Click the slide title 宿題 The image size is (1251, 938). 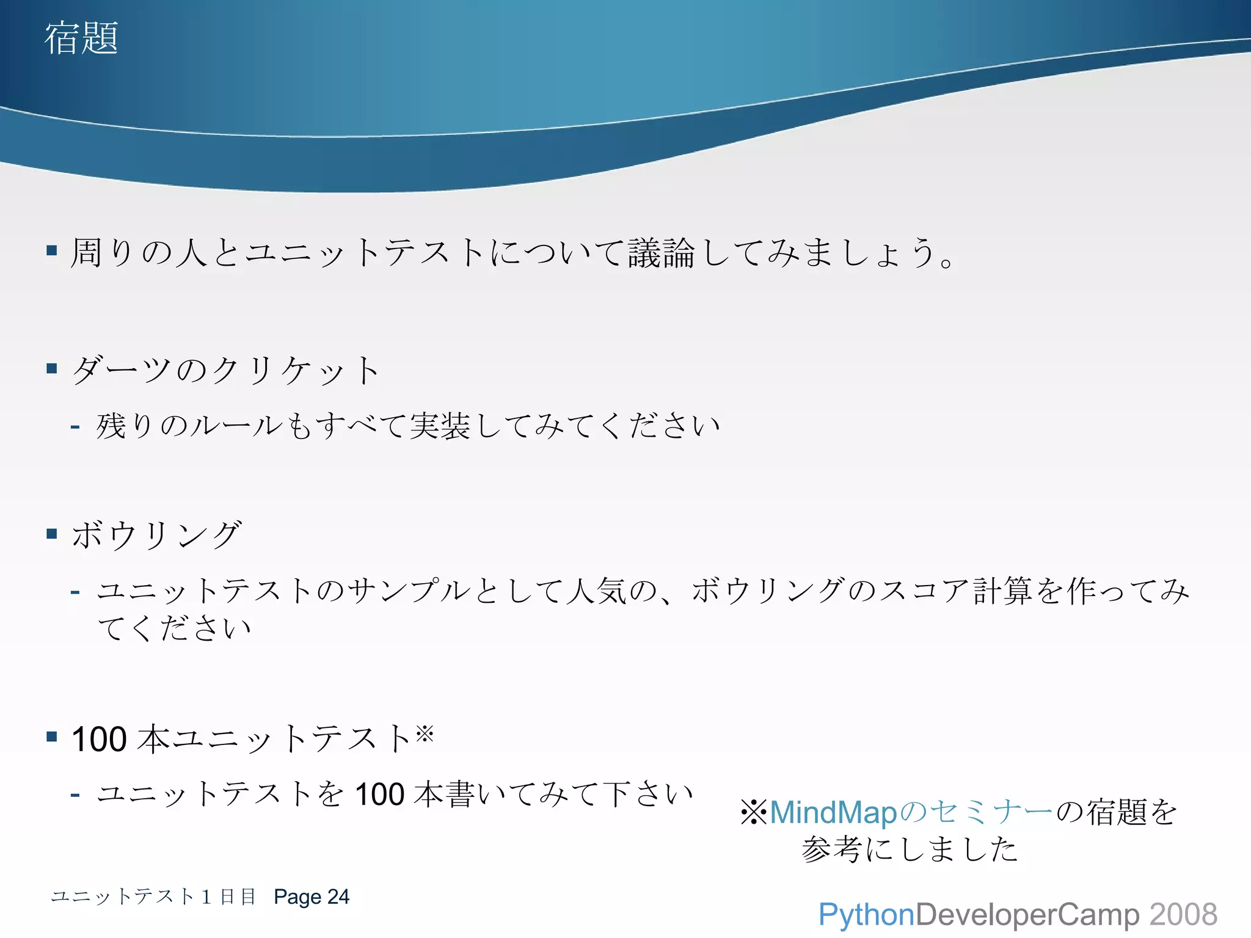click(81, 38)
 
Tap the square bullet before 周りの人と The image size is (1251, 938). click(52, 250)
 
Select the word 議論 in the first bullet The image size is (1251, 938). click(662, 253)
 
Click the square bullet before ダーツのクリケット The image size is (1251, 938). click(52, 368)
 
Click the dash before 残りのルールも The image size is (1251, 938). click(75, 426)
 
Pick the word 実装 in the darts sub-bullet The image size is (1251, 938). click(440, 426)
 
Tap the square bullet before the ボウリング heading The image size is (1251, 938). click(52, 534)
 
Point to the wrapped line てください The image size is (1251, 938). click(175, 628)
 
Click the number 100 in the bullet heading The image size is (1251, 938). click(99, 739)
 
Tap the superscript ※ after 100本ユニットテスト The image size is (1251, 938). click(425, 732)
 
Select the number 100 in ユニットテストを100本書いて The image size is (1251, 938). click(379, 794)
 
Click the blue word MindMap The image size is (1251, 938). click(833, 813)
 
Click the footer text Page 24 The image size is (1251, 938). click(312, 896)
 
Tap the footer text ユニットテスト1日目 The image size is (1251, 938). click(153, 896)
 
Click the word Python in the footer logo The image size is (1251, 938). click(866, 915)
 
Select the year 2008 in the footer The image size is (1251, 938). click(1183, 915)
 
